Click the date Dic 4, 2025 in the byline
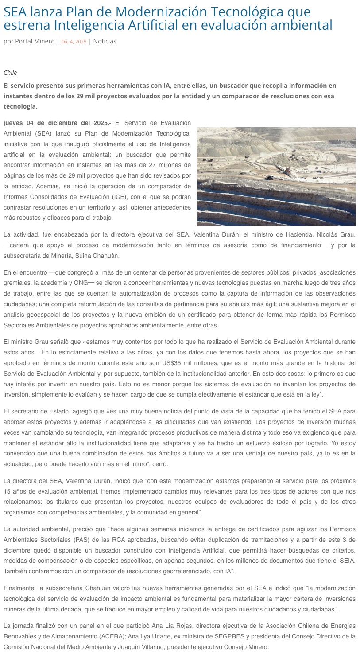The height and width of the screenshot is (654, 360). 74,42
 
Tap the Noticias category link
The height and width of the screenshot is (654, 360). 105,41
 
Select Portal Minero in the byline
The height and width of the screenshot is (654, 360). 35,41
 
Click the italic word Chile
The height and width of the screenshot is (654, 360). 10,73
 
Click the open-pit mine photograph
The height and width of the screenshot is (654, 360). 276,176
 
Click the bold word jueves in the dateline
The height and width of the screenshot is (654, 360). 15,123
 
